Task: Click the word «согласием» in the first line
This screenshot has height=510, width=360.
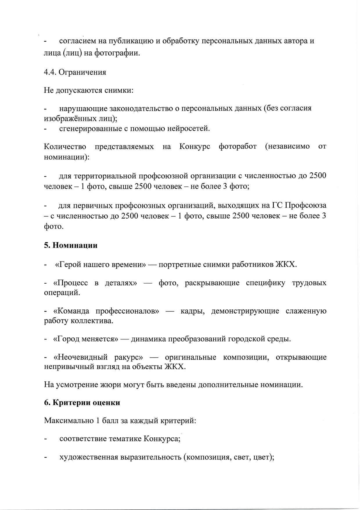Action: [x=77, y=41]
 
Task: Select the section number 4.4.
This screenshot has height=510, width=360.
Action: [x=50, y=72]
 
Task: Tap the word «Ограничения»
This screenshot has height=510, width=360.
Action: [x=82, y=72]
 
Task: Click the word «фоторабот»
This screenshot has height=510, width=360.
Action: [x=237, y=146]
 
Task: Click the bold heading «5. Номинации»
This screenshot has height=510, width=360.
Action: [x=71, y=245]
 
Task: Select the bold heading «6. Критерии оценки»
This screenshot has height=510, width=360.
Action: [x=82, y=403]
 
